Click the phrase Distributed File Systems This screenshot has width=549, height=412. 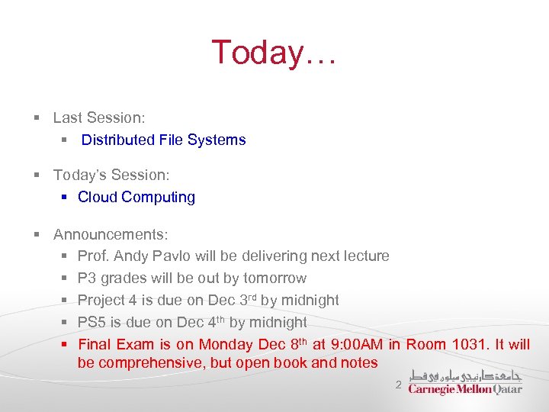(163, 140)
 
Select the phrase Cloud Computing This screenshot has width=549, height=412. (136, 197)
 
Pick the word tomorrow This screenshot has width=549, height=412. (274, 278)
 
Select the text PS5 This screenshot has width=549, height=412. (91, 322)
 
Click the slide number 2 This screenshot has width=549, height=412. (398, 384)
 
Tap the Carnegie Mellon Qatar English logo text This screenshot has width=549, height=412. (465, 389)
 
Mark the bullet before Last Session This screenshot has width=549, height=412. (37, 118)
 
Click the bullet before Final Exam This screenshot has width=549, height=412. (66, 345)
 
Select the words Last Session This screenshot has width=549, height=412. (98, 117)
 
